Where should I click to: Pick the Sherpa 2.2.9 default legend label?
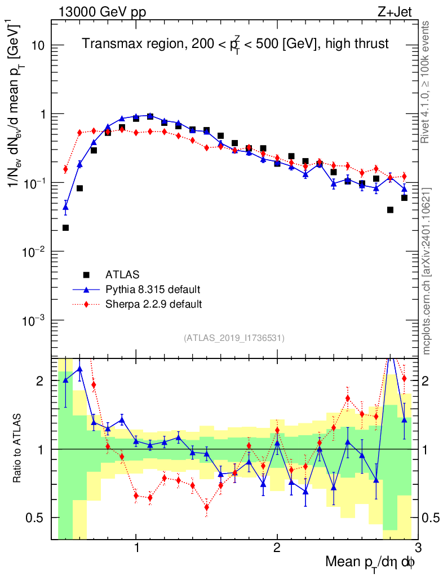(153, 304)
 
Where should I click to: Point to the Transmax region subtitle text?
(235, 44)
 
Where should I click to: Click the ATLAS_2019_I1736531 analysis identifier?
(234, 338)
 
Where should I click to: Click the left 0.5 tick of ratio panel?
(35, 518)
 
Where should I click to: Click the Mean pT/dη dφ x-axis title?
(371, 563)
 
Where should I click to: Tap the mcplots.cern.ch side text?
(428, 272)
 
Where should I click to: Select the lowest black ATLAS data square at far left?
(65, 228)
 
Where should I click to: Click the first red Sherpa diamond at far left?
(65, 169)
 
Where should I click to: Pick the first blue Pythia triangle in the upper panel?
(65, 207)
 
